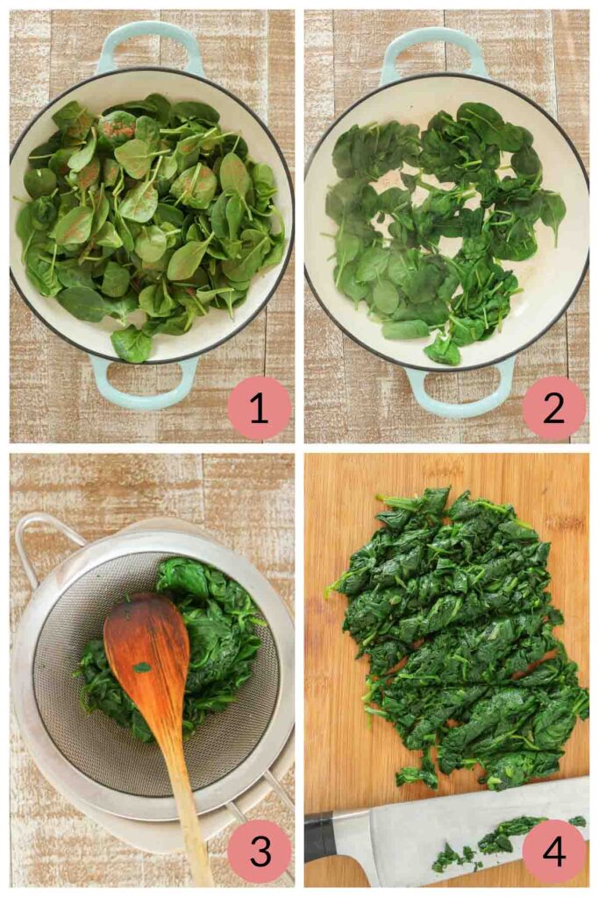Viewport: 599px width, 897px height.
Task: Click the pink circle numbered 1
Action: [260, 408]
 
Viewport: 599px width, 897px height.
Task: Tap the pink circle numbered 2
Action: [553, 408]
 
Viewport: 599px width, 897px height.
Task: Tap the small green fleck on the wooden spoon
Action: [141, 667]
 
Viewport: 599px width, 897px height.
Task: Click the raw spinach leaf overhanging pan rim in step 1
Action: [132, 343]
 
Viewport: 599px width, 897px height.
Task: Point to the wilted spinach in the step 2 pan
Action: [444, 229]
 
